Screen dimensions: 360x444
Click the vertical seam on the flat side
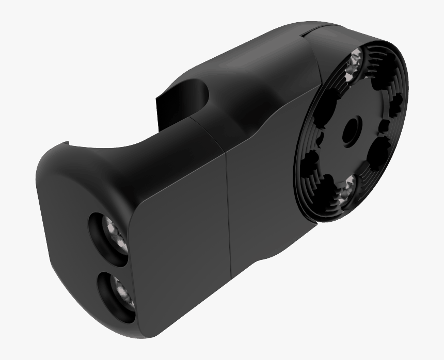coord(228,211)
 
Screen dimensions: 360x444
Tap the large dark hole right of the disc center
coord(381,150)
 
